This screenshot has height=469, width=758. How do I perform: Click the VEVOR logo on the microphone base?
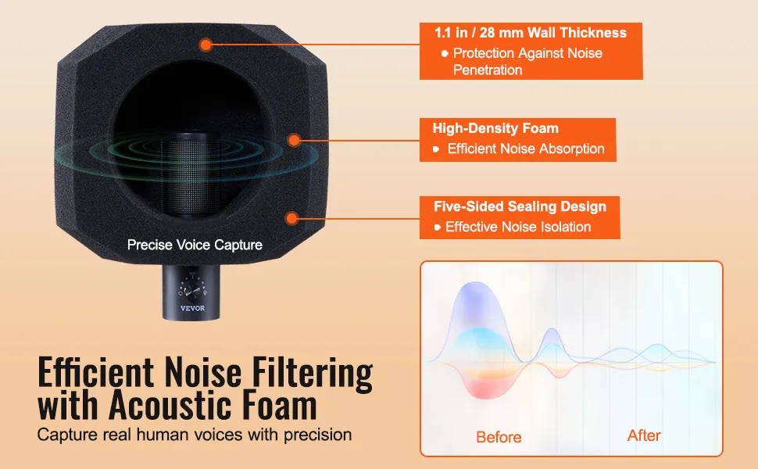click(x=192, y=308)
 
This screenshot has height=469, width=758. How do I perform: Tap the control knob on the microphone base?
click(x=192, y=291)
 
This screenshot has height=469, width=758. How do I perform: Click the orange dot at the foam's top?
click(x=206, y=45)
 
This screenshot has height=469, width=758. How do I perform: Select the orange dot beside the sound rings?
click(x=294, y=140)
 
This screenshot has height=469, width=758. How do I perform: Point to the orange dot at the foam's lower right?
click(x=291, y=218)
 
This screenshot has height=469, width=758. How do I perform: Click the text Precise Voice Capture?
click(x=195, y=245)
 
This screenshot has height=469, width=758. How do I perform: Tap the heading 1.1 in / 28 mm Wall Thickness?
click(x=531, y=33)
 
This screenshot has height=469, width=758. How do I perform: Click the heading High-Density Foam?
click(x=495, y=128)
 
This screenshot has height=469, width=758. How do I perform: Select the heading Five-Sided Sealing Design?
click(x=520, y=206)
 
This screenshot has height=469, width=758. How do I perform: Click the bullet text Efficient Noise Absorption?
click(x=526, y=149)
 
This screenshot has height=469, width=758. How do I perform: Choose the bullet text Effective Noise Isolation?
click(x=518, y=227)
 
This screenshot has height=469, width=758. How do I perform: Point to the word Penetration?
click(x=488, y=70)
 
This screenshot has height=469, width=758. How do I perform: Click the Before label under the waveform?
click(x=499, y=437)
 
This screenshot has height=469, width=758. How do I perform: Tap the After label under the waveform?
click(x=644, y=435)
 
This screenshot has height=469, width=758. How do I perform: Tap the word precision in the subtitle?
click(x=317, y=435)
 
